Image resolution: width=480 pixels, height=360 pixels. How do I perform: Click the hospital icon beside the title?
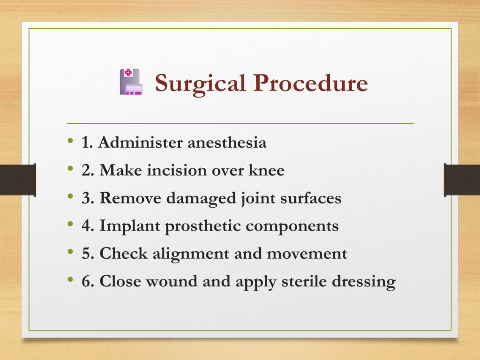131,82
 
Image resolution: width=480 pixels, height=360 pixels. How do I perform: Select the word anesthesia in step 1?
227,142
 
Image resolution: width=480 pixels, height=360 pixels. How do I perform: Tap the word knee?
266,170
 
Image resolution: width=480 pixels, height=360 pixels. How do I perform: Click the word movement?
307,254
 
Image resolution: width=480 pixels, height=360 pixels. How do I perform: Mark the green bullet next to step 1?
70,141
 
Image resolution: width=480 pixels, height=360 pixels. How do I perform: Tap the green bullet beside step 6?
70,279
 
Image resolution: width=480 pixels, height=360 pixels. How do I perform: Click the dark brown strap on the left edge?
18,180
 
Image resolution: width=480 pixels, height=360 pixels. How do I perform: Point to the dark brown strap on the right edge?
462,180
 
